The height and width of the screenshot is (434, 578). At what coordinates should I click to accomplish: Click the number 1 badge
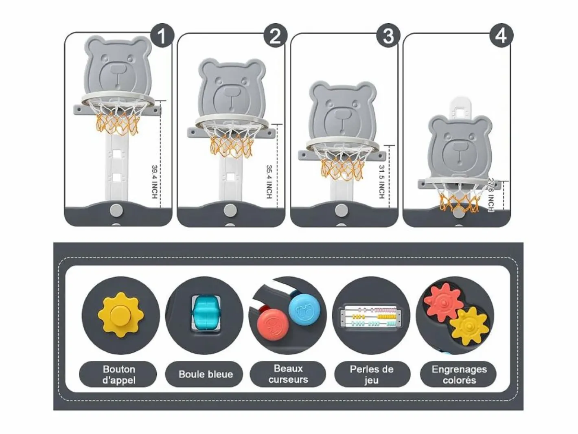click(162, 35)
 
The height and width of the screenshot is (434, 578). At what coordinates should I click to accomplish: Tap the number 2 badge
click(276, 35)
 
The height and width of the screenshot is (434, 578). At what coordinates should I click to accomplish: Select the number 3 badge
click(388, 35)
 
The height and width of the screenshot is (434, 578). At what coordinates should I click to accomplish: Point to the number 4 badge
click(501, 35)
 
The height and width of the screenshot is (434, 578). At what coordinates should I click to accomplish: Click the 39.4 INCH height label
click(155, 182)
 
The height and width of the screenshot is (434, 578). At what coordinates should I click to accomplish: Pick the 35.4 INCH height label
click(269, 182)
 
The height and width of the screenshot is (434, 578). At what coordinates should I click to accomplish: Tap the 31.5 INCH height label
click(381, 182)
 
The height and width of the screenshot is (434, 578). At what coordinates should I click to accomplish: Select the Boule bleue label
click(206, 374)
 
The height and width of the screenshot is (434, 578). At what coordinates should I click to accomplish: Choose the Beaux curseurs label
click(288, 374)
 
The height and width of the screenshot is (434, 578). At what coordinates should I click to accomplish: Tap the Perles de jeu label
click(372, 374)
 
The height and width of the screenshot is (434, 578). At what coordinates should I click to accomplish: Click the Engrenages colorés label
click(459, 374)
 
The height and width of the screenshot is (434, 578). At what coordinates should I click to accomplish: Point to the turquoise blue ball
click(206, 313)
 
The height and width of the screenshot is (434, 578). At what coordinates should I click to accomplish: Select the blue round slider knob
click(304, 309)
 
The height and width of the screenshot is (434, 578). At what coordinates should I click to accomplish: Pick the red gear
click(444, 302)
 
